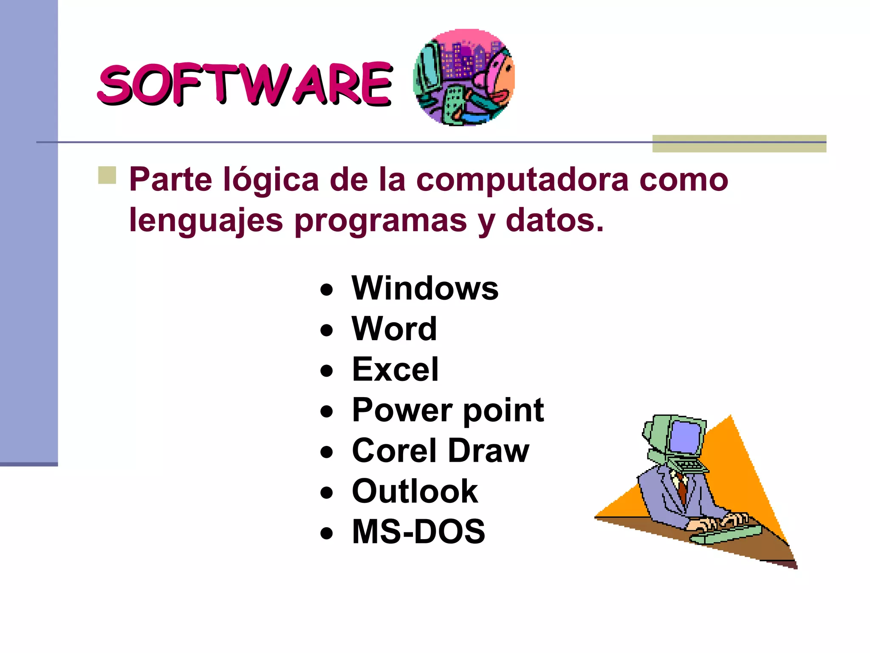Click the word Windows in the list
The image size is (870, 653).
point(425,288)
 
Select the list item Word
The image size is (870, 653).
point(394,329)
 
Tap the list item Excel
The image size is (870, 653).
point(395,369)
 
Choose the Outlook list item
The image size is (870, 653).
point(415,491)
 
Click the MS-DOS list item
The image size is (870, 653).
point(418,531)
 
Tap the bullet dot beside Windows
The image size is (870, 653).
point(326,290)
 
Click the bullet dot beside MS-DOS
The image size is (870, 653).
point(326,534)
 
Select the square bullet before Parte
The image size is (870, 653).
point(107,175)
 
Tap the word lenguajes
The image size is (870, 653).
point(206,221)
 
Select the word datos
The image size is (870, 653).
point(554,221)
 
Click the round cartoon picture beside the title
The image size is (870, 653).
point(464,77)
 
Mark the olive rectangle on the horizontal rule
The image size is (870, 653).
point(739,144)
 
